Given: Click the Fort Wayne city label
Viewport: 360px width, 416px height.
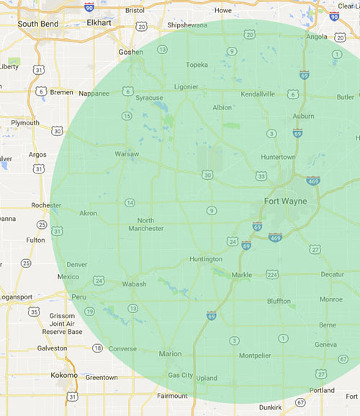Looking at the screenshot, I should [x=285, y=201].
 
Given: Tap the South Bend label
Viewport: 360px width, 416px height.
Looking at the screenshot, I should [x=37, y=24].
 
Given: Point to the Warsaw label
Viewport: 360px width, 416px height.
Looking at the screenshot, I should [x=127, y=154].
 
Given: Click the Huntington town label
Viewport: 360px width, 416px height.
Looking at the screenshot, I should [x=205, y=259].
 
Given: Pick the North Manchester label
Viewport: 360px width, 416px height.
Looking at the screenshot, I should [x=145, y=225].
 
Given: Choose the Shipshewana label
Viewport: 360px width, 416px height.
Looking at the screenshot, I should [x=186, y=25].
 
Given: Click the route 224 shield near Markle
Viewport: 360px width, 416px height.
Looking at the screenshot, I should [x=271, y=274].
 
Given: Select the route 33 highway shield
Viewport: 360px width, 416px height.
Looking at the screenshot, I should [x=261, y=176].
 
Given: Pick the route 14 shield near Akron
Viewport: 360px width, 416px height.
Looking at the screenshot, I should [x=130, y=203].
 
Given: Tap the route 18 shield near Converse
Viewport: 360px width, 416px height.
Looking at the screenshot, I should [x=97, y=348].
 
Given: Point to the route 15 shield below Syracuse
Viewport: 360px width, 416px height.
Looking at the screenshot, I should [x=127, y=116].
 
